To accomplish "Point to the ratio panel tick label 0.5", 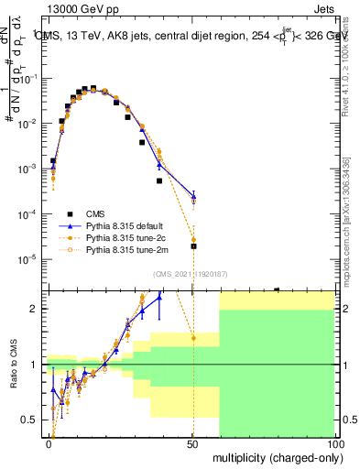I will [x=29, y=420].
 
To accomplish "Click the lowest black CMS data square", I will [x=193, y=246].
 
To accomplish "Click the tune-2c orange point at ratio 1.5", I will [x=193, y=338].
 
